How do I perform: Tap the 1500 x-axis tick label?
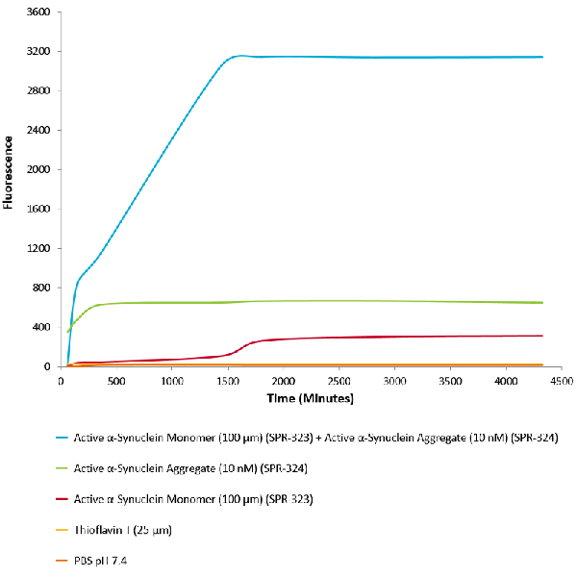228,379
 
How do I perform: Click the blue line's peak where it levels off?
238,56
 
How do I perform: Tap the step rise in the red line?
245,345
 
